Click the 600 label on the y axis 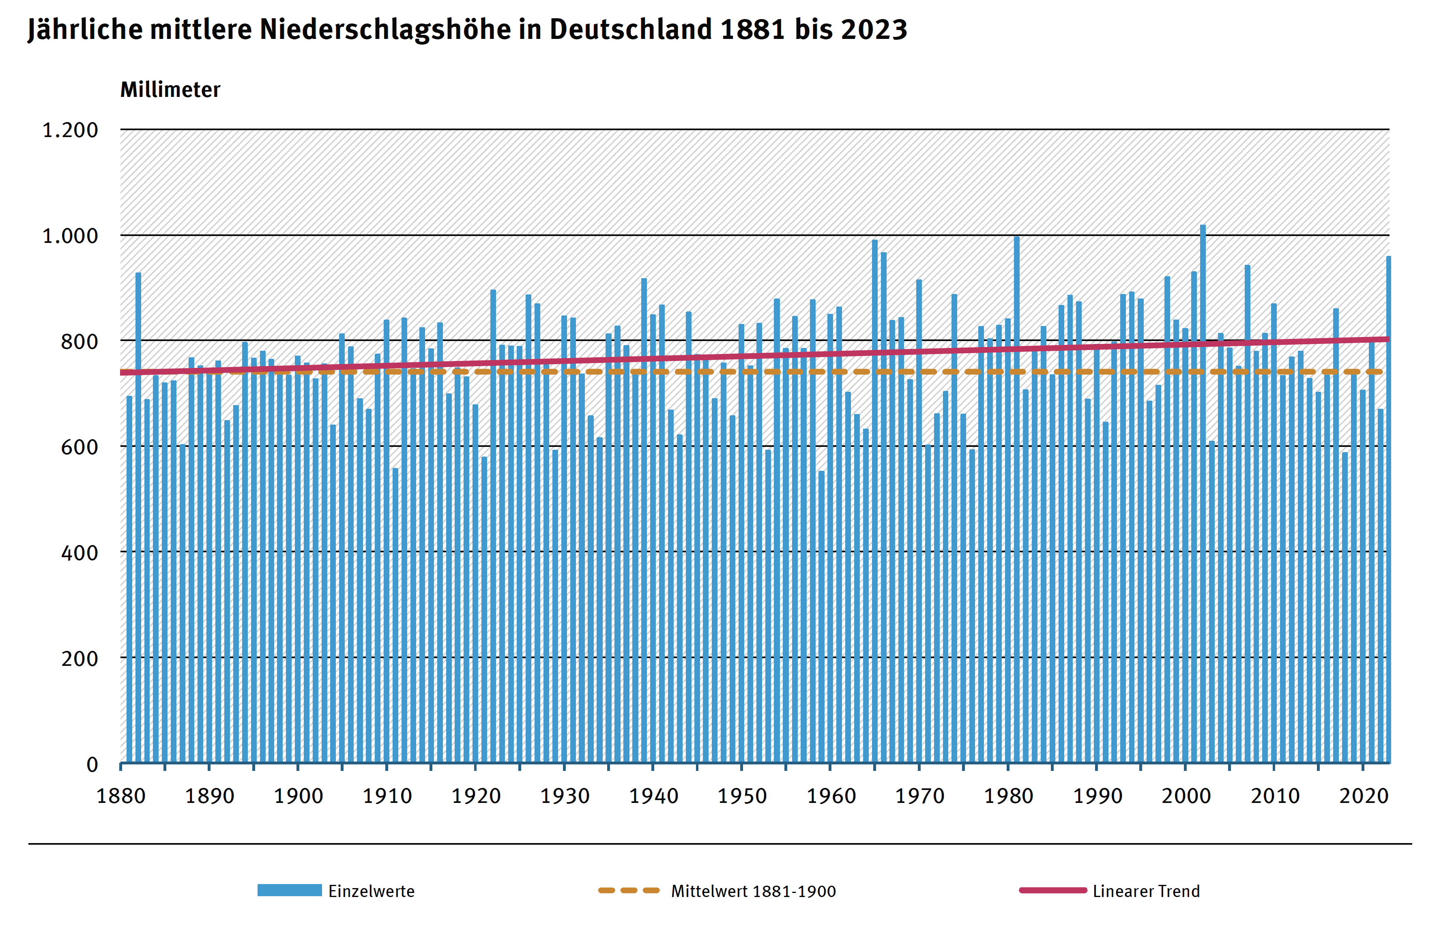tap(79, 447)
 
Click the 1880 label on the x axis tap(121, 796)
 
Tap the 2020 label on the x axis tap(1364, 796)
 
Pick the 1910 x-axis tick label tap(387, 796)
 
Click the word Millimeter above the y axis tap(170, 90)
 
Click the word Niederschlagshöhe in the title tap(385, 29)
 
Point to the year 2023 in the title tap(874, 29)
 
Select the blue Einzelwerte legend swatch tap(289, 890)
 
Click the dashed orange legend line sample tap(629, 890)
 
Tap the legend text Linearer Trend tap(1146, 891)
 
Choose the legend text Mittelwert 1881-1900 tap(753, 891)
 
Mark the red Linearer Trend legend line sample tap(1052, 890)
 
